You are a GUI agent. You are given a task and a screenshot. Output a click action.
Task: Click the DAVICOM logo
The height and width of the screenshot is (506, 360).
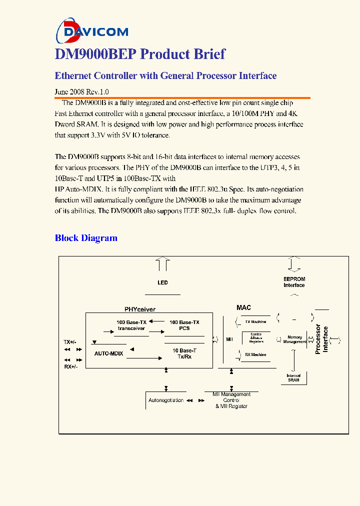tap(92, 31)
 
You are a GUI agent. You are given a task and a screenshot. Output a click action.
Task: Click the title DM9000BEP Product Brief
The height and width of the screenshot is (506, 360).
tap(140, 54)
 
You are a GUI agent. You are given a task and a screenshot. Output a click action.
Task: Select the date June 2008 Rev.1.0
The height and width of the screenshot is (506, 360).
tap(81, 92)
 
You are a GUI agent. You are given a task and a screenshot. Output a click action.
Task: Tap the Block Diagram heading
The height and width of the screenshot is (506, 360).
tap(86, 238)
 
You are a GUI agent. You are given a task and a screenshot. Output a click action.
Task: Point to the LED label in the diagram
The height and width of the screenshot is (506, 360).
tap(162, 283)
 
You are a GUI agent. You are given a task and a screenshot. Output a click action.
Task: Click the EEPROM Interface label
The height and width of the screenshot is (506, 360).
tap(294, 282)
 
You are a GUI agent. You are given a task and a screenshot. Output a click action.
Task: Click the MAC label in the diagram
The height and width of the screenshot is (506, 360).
tap(243, 307)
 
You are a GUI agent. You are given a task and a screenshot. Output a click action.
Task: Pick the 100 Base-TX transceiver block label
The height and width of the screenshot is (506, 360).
tap(131, 325)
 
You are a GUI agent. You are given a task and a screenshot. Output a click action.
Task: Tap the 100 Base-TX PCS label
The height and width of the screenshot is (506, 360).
tap(184, 325)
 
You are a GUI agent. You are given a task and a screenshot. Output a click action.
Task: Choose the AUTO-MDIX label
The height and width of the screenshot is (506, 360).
tap(109, 353)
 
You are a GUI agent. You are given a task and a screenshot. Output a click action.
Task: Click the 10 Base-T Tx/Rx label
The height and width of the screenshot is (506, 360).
tap(184, 353)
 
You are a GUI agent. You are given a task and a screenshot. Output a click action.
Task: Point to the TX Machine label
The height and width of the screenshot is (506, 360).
tap(255, 322)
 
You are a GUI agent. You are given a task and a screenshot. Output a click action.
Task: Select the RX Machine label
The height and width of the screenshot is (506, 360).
tap(255, 354)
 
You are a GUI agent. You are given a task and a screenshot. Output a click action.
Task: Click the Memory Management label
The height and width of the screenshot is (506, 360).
tap(294, 339)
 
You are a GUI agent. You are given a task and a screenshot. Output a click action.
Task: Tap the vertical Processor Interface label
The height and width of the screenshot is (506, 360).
tap(321, 339)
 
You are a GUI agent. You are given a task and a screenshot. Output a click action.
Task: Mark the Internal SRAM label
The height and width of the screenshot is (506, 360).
tap(293, 378)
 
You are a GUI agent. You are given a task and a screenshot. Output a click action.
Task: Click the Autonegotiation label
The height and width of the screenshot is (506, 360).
tap(166, 400)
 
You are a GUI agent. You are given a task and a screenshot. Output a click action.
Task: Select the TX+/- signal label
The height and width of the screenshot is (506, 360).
tap(69, 342)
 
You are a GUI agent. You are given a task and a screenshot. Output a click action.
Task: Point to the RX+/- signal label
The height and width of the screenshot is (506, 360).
tap(69, 366)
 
